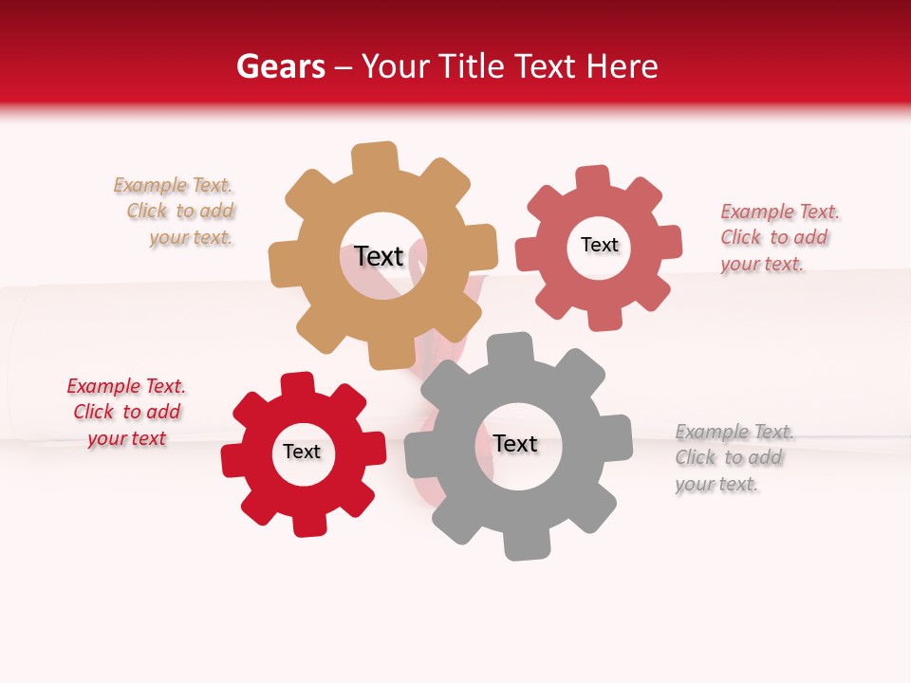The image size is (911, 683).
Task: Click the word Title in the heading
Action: (472, 66)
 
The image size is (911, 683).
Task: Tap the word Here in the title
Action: (622, 66)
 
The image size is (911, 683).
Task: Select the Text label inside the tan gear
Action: (379, 256)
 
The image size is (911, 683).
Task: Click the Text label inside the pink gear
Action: (599, 245)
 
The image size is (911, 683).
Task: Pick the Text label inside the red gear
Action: (302, 452)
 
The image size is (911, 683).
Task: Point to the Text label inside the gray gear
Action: (515, 444)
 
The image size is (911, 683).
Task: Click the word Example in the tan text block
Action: (150, 185)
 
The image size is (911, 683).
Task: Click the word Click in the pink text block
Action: (740, 237)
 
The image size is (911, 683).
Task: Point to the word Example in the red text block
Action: (102, 386)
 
